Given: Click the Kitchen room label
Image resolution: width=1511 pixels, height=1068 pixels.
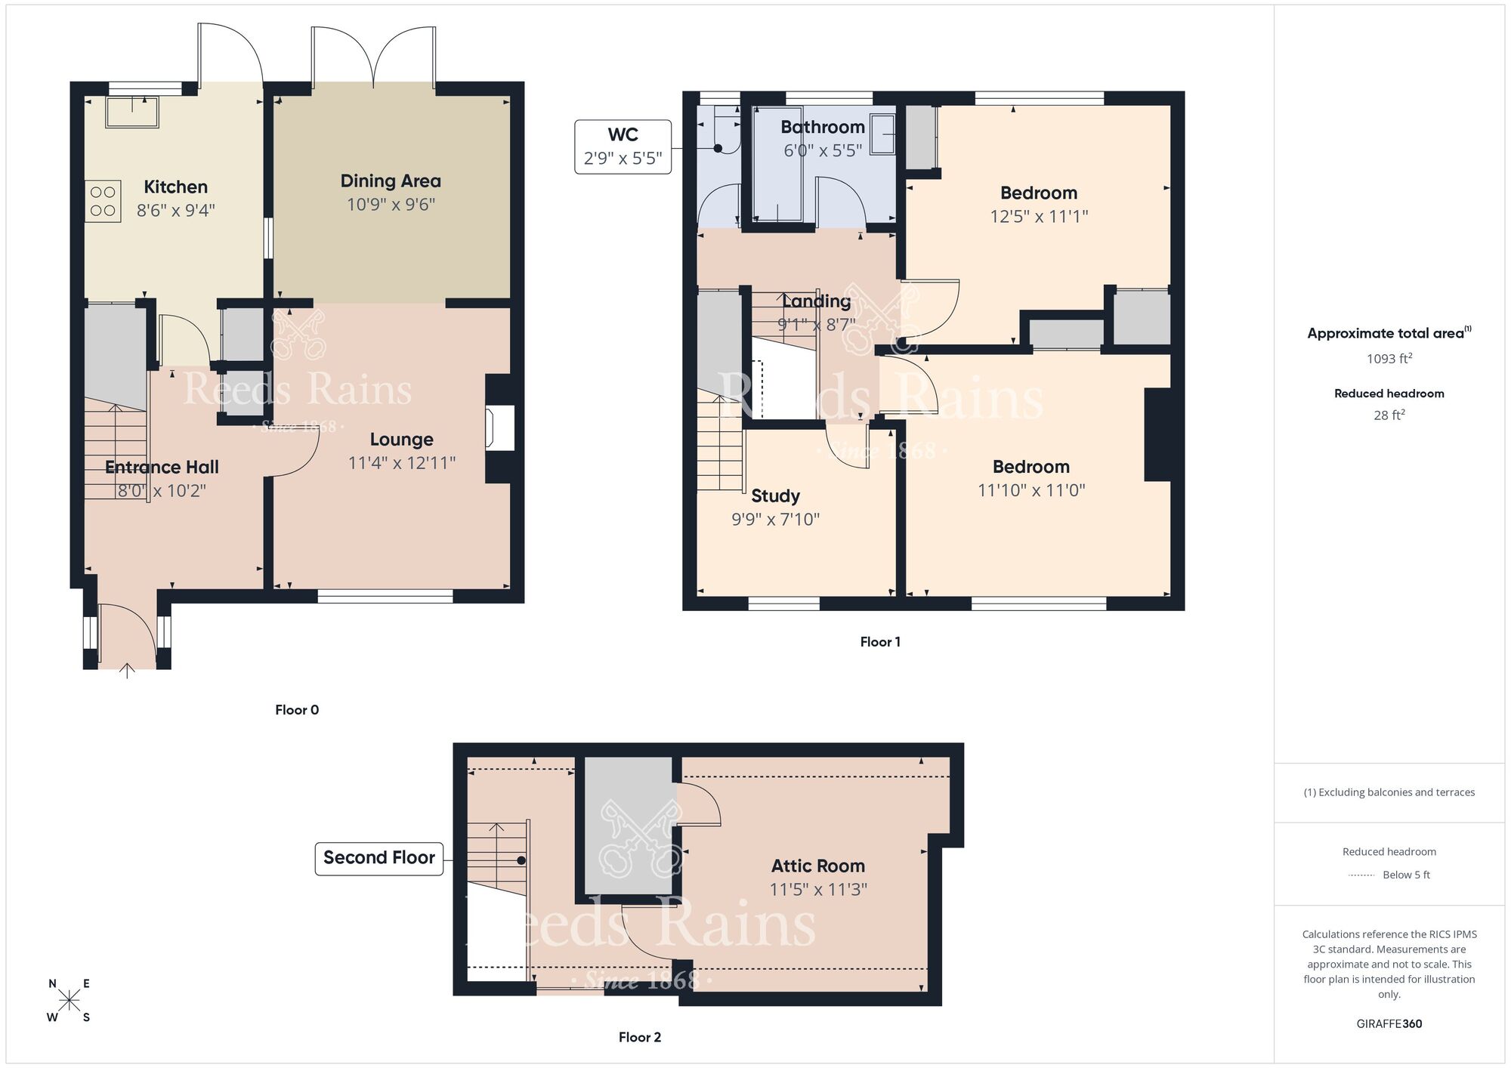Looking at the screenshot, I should tap(175, 187).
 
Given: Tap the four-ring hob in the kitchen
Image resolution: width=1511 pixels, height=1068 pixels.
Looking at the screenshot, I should tap(103, 201).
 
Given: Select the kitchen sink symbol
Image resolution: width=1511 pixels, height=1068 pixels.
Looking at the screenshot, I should tap(132, 112).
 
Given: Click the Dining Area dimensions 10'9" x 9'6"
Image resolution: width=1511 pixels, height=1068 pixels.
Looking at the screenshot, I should tap(391, 205).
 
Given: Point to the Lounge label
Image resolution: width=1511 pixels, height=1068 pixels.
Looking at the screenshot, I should tap(401, 440).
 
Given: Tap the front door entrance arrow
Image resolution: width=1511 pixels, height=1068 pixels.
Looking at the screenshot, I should tap(127, 670).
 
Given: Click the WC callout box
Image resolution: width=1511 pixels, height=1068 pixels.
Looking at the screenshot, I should tap(623, 147).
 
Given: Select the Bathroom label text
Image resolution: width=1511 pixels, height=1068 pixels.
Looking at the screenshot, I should tap(822, 127).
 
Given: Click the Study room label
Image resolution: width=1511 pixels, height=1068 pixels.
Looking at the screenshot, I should tap(775, 496).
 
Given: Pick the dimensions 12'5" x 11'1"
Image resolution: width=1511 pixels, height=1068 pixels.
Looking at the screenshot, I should tap(1039, 217).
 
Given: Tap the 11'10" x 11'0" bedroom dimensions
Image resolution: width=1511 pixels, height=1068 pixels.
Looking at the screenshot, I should tap(1031, 490).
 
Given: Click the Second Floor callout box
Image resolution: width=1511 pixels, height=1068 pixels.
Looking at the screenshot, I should tap(379, 858).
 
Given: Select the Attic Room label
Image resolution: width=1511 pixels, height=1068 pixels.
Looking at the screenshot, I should tap(817, 866).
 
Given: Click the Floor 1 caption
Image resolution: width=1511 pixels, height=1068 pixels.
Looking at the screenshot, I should tap(879, 642).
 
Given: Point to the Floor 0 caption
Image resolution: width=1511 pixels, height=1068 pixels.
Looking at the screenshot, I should tap(297, 710).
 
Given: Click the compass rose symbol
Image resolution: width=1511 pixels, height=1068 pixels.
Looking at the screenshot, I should tap(70, 1001).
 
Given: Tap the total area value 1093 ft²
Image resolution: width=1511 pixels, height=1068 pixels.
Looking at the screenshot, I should tap(1389, 359).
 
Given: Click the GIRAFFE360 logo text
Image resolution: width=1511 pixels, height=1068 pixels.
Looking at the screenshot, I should tap(1389, 1024).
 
